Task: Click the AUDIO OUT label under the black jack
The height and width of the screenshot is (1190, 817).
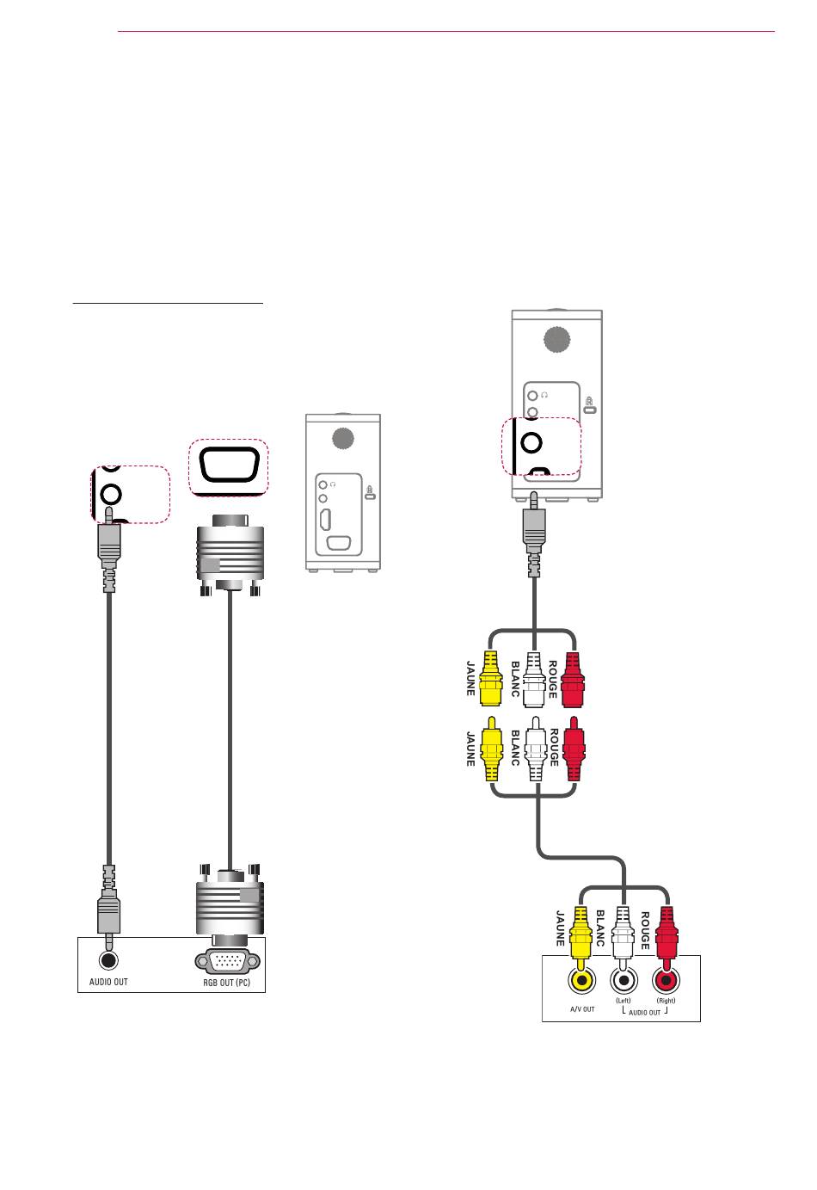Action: pos(108,982)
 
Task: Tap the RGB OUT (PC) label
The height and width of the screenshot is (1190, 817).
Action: pos(227,983)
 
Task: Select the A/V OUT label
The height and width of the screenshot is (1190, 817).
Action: pos(582,1008)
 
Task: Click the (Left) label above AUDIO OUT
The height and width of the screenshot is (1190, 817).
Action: pos(623,1001)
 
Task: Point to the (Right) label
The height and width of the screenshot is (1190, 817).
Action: pos(666,1001)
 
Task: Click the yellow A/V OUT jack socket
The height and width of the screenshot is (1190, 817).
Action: pos(582,981)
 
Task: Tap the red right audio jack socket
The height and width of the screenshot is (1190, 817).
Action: pos(666,981)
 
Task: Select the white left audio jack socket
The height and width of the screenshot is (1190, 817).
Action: pos(623,981)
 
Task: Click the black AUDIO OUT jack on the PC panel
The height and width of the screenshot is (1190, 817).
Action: pos(109,960)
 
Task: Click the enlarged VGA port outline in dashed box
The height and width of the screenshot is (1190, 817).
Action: pos(230,465)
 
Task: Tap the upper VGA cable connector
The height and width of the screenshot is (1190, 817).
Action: pos(230,555)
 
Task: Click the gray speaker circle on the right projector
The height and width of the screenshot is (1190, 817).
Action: pos(557,339)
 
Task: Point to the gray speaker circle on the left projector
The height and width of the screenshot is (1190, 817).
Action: pos(343,438)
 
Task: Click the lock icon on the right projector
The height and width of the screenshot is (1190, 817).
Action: pos(589,405)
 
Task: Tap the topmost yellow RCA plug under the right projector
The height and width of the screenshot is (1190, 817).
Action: pos(490,679)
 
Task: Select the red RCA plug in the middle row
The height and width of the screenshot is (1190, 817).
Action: pos(574,749)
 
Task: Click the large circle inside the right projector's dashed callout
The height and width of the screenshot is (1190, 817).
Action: pos(531,442)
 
